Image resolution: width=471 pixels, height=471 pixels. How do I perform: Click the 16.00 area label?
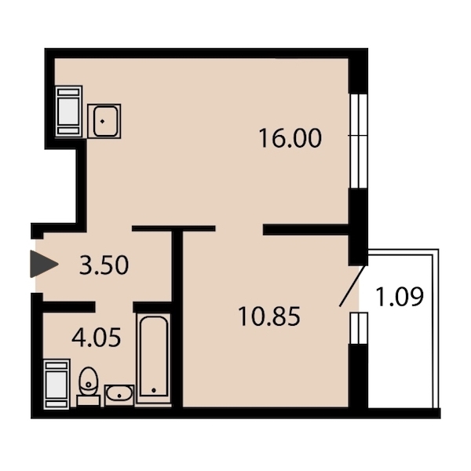pos(290,138)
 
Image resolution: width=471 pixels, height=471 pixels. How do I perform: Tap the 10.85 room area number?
pos(269,316)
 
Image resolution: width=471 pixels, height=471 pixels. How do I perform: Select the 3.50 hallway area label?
pos(104,265)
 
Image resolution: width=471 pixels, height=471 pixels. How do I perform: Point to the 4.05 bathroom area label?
pos(96,338)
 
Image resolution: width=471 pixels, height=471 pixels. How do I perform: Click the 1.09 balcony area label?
pos(400,297)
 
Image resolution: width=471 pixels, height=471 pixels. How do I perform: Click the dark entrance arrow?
pos(44,264)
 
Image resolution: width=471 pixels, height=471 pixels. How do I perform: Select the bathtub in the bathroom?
pos(154,358)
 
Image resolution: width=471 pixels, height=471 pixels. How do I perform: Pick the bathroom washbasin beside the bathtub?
pos(119,395)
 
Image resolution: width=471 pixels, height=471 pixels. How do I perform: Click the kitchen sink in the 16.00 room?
pos(104,121)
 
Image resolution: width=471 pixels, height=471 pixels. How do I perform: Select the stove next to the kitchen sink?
pos(69,111)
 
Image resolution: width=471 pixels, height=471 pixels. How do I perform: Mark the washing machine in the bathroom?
pos(57,384)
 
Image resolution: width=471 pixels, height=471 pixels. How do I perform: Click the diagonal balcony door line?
pos(352,286)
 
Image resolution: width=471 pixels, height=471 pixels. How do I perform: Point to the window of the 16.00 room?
pos(359,141)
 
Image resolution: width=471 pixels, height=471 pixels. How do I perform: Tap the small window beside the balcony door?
pos(359,328)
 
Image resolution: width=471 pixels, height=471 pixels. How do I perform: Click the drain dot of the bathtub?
pos(154,390)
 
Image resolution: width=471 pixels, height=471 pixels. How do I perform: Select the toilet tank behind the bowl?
pos(88,401)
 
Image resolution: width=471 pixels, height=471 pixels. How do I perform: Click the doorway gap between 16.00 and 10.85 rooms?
pos(239,228)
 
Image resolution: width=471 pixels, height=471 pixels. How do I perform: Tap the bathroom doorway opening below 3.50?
pos(114,307)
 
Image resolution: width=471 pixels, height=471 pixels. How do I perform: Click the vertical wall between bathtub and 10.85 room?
pos(177,319)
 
